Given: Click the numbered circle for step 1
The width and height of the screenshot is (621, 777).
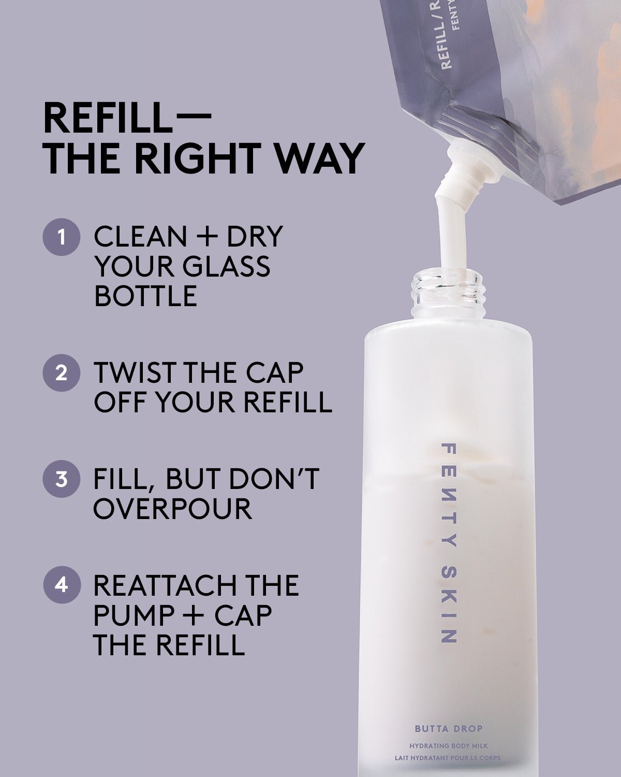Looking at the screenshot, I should [x=62, y=237].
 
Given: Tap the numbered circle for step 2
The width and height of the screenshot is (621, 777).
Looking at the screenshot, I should [x=62, y=372].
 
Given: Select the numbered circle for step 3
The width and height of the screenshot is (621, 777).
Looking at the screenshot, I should [x=62, y=479].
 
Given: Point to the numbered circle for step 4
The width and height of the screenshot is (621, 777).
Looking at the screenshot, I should [x=62, y=585].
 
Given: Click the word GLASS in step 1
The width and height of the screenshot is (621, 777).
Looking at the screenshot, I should [x=226, y=266].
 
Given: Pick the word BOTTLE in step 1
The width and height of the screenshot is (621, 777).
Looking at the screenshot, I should [x=145, y=296].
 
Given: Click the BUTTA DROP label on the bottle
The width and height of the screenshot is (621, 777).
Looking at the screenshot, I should [x=448, y=729].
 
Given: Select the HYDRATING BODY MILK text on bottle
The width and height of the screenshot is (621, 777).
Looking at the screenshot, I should [x=448, y=746].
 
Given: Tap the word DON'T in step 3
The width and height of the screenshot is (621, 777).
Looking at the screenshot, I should [x=274, y=479].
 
